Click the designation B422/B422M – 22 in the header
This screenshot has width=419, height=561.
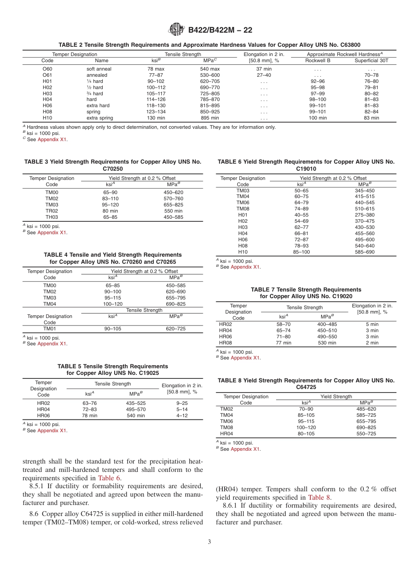click(220, 30)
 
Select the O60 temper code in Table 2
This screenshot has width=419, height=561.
click(47, 69)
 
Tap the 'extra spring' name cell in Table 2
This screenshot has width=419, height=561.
click(100, 118)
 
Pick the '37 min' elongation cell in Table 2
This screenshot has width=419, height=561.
click(264, 69)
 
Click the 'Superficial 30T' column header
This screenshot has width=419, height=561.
click(371, 60)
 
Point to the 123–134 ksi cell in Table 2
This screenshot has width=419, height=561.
click(156, 112)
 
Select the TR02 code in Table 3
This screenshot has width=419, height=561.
click(52, 211)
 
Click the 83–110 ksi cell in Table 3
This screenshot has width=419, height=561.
click(110, 198)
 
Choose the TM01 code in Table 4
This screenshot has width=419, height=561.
click(49, 329)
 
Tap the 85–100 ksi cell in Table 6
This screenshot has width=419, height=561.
click(301, 252)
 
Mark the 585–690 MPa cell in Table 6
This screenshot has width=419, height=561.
click(364, 252)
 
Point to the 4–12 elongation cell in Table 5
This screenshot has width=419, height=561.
click(182, 415)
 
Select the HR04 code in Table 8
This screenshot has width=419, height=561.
click(226, 434)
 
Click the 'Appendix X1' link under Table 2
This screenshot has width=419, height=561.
click(52, 139)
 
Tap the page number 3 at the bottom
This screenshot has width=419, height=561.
click(209, 542)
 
